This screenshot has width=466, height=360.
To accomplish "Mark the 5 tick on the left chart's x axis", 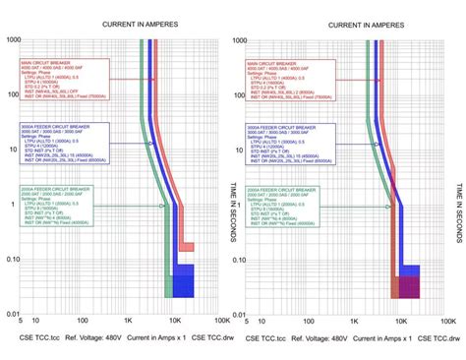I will (x=22, y=320).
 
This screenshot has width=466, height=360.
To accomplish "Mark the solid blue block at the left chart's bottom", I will (x=184, y=280).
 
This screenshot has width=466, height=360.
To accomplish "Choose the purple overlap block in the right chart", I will (x=407, y=286).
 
